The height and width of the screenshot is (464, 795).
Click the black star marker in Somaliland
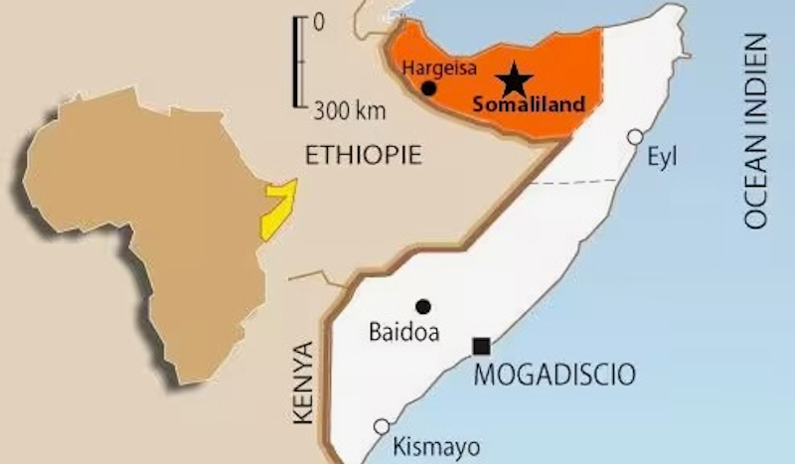516,78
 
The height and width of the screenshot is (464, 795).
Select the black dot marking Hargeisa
429,88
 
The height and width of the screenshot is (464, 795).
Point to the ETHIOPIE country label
364,155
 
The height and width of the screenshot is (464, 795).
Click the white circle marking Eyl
634,137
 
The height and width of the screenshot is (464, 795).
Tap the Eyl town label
662,156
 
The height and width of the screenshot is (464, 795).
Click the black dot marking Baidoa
423,306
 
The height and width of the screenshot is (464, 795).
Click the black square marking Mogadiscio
481,346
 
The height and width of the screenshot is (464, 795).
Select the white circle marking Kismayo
381,426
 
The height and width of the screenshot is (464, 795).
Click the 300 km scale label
344,109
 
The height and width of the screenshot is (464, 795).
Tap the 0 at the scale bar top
318,20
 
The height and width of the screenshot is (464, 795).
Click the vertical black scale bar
296,62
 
